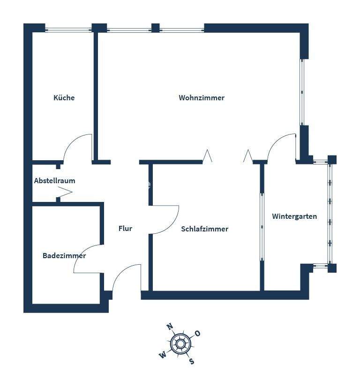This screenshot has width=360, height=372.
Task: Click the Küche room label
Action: point(64,98)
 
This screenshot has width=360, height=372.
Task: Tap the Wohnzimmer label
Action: point(202,98)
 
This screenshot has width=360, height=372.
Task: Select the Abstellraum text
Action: point(54,180)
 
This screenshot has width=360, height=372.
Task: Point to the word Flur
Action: point(125,229)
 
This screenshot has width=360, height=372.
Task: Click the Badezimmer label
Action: point(64,256)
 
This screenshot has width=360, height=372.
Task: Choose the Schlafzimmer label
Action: point(204,229)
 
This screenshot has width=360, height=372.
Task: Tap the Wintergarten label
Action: point(294,216)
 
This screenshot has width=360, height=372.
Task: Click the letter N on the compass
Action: point(170,327)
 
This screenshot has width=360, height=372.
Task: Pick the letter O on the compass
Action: point(197,334)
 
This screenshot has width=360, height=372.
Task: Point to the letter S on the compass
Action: point(191,361)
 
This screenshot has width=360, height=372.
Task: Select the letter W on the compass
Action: point(163,355)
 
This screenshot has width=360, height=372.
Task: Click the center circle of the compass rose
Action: point(180,344)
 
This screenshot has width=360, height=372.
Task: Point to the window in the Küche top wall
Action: point(68,30)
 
